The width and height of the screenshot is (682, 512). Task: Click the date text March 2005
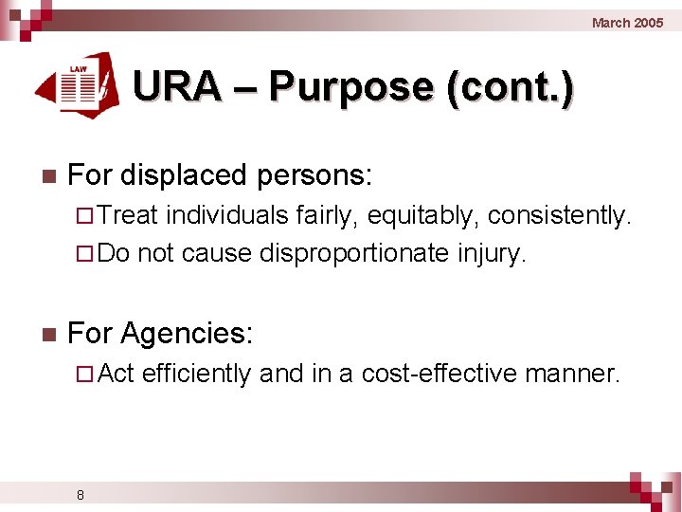pos(627,23)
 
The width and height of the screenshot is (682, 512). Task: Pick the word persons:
pos(323,175)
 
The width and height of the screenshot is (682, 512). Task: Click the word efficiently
pos(197,375)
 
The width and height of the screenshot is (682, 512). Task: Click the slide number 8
pos(81,494)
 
